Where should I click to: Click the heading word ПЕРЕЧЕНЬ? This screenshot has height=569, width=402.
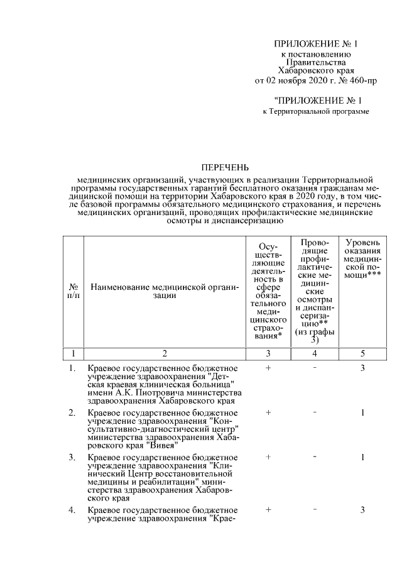(x=224, y=167)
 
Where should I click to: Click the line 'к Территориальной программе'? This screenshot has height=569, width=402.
(x=315, y=111)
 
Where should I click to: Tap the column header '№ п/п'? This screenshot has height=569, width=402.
(x=73, y=290)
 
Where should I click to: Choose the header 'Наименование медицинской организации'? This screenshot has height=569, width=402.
(x=165, y=290)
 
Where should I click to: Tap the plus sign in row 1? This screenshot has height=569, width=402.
(x=268, y=367)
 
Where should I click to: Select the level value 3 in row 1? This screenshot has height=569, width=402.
(x=363, y=367)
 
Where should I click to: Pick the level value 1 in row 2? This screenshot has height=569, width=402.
(x=363, y=412)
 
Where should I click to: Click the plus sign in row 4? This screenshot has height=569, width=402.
(x=268, y=509)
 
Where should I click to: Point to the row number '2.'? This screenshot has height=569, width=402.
(x=72, y=412)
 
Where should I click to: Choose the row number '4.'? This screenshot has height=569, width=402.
(x=72, y=509)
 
